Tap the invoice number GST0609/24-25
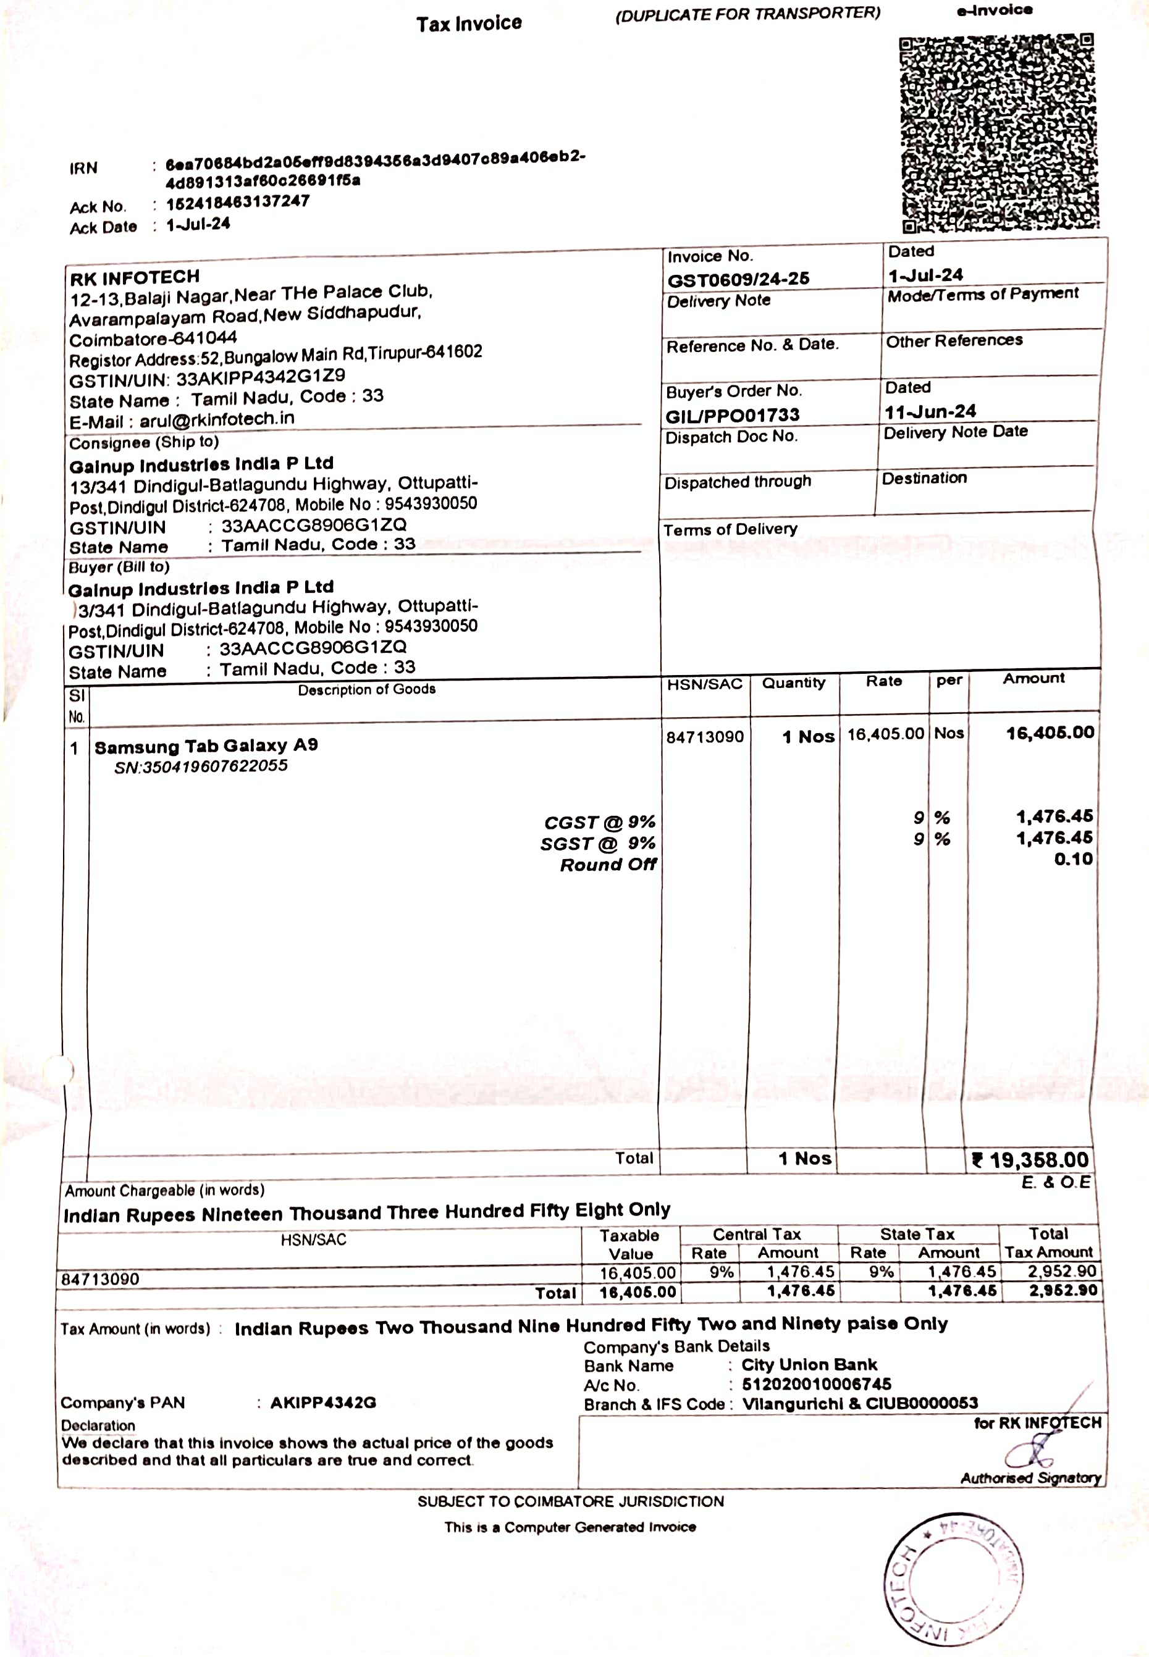738,279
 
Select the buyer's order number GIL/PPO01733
732,415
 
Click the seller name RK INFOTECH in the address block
135,277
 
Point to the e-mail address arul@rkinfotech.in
217,419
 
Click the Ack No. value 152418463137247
238,203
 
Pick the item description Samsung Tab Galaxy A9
206,745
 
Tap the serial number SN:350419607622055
201,766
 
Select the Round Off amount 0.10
1072,858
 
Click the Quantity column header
793,682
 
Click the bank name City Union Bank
809,1365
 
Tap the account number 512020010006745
817,1383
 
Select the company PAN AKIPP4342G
323,1402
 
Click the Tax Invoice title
469,23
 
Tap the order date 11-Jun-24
930,412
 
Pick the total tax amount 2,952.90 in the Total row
1062,1291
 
